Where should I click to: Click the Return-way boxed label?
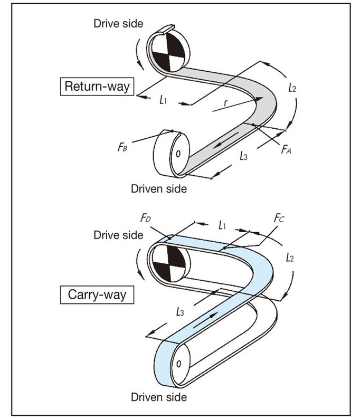97,87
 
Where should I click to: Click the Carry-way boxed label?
98,294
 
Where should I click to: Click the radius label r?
225,103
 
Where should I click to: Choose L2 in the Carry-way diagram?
289,259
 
